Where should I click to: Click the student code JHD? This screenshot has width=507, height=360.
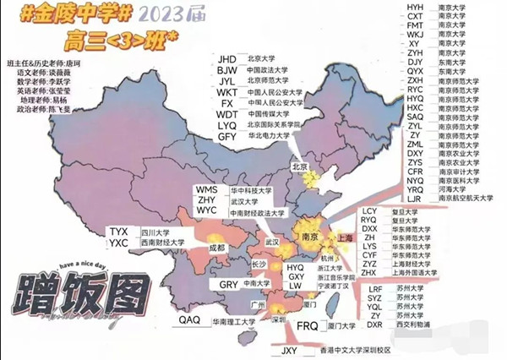[x=227, y=58]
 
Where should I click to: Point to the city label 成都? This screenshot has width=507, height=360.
[x=218, y=248]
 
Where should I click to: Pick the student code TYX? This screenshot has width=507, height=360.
[x=119, y=232]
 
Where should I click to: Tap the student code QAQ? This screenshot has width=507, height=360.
[x=189, y=321]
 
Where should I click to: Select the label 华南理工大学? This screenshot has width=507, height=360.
[x=236, y=322]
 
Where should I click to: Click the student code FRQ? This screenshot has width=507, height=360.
[x=307, y=325]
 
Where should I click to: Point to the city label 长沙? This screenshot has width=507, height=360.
[x=258, y=265]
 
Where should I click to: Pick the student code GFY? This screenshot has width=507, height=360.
[x=227, y=135]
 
